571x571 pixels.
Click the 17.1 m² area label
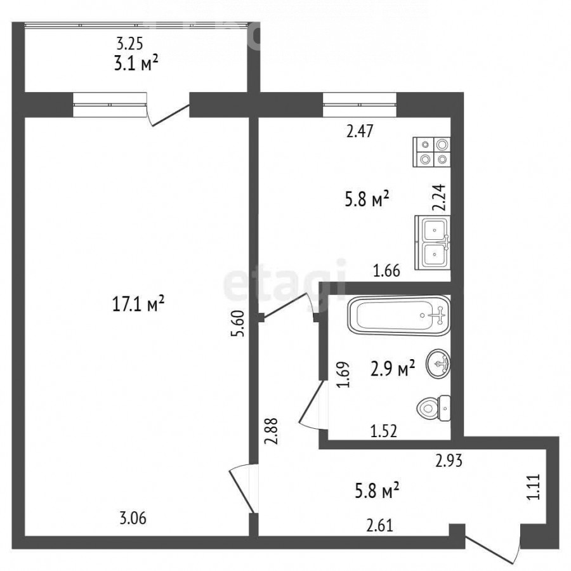(x=138, y=303)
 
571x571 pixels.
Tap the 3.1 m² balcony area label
(x=136, y=63)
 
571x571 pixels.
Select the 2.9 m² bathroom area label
(x=393, y=369)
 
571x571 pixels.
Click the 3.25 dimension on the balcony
(x=129, y=44)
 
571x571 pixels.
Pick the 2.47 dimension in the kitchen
(x=360, y=131)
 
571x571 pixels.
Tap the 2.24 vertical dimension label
(x=439, y=197)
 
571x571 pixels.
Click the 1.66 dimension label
(x=386, y=270)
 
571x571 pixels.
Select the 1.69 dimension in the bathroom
(x=344, y=374)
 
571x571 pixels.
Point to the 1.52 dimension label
(x=383, y=431)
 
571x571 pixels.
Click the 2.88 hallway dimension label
(x=272, y=431)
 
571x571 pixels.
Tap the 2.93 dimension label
(x=449, y=461)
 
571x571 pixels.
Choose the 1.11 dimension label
(x=534, y=487)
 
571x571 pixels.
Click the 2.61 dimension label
(x=380, y=526)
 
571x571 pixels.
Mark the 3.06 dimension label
(x=133, y=518)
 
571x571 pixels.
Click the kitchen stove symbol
(x=431, y=152)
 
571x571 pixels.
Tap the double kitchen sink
(x=433, y=242)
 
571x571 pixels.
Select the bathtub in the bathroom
(x=399, y=315)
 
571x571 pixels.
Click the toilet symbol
(x=433, y=408)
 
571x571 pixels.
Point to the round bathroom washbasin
(x=437, y=364)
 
